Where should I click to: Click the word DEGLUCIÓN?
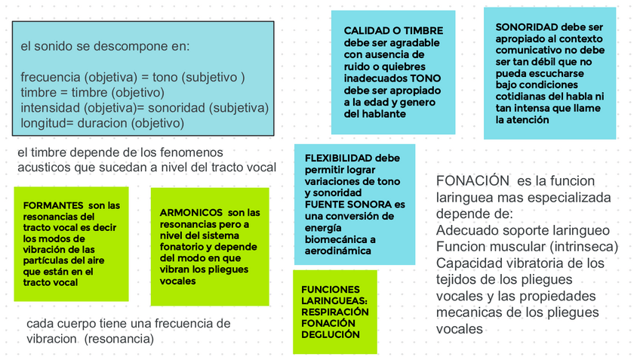[x=331, y=334]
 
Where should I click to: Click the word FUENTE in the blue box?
[x=323, y=205]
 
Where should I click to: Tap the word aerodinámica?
[x=338, y=251]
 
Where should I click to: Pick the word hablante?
[x=384, y=113]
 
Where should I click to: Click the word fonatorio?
[x=183, y=247]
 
